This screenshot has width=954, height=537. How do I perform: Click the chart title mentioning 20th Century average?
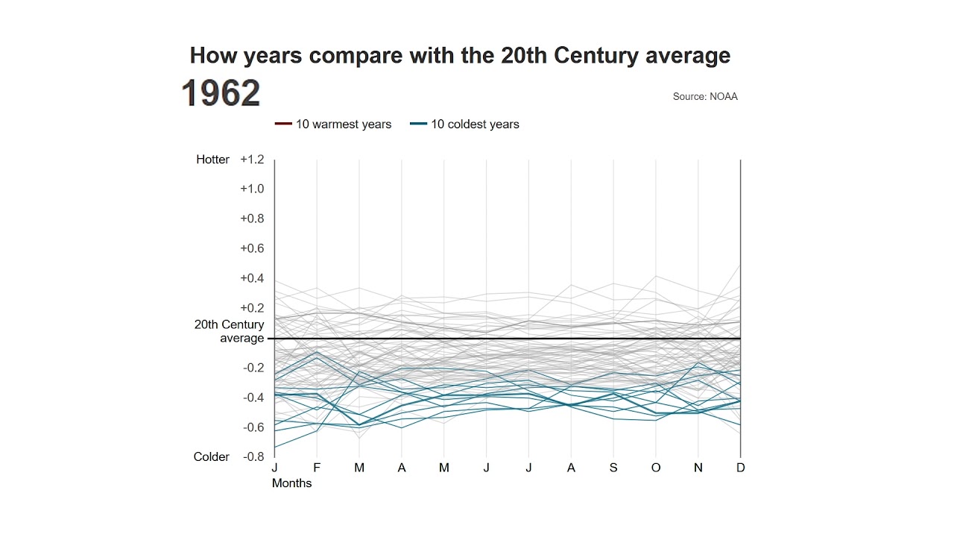click(x=460, y=55)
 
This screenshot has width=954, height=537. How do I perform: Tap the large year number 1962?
click(x=221, y=93)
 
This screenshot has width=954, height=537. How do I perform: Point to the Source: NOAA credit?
click(x=704, y=96)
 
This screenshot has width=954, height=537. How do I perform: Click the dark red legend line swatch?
click(x=283, y=125)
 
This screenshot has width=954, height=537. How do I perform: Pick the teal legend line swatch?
click(x=418, y=125)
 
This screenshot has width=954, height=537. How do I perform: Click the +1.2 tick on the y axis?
click(x=252, y=160)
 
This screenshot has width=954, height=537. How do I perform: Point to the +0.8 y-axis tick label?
click(x=252, y=219)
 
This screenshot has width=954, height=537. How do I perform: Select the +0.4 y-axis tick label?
click(x=252, y=278)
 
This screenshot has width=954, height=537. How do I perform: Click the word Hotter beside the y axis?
click(x=213, y=160)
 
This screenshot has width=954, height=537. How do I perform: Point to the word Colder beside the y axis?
click(x=212, y=457)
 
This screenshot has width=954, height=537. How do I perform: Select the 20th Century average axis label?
click(x=230, y=331)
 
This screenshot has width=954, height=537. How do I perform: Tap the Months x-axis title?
click(x=291, y=483)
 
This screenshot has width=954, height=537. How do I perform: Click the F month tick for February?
click(x=317, y=468)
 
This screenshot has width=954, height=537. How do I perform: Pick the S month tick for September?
click(x=613, y=468)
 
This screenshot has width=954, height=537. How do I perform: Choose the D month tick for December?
click(x=740, y=468)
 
